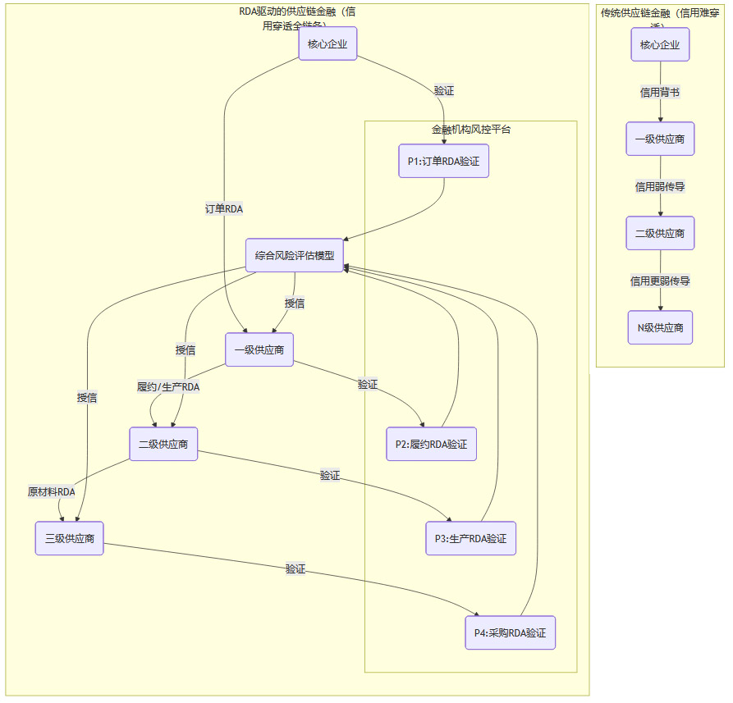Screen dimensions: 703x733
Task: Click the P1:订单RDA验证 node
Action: coord(444,162)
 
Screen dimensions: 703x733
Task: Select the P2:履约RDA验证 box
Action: coord(431,444)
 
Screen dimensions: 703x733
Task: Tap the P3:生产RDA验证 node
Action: coord(470,538)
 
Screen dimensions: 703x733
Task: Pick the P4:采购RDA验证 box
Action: coord(510,632)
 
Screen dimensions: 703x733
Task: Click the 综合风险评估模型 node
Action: coord(295,255)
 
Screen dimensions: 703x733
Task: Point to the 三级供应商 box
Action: coord(69,538)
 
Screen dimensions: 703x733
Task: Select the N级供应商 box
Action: coord(660,327)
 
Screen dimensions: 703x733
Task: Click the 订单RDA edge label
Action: coord(224,209)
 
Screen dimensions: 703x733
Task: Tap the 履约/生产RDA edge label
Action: coord(168,386)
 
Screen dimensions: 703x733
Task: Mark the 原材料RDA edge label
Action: coord(52,491)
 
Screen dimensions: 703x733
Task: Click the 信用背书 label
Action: coord(660,93)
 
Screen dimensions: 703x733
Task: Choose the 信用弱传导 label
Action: coord(660,187)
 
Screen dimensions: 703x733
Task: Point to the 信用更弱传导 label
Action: coord(660,281)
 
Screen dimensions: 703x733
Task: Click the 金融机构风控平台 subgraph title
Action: coord(471,130)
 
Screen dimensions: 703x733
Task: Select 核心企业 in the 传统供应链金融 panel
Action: coord(660,44)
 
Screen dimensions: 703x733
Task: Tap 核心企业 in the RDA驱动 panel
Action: coord(328,44)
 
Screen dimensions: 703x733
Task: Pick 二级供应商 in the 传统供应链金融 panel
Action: coord(660,233)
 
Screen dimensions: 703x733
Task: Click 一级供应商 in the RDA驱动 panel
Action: coord(259,349)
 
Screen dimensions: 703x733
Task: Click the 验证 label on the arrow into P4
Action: coord(295,568)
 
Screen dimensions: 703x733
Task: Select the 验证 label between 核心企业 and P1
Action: coord(444,90)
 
